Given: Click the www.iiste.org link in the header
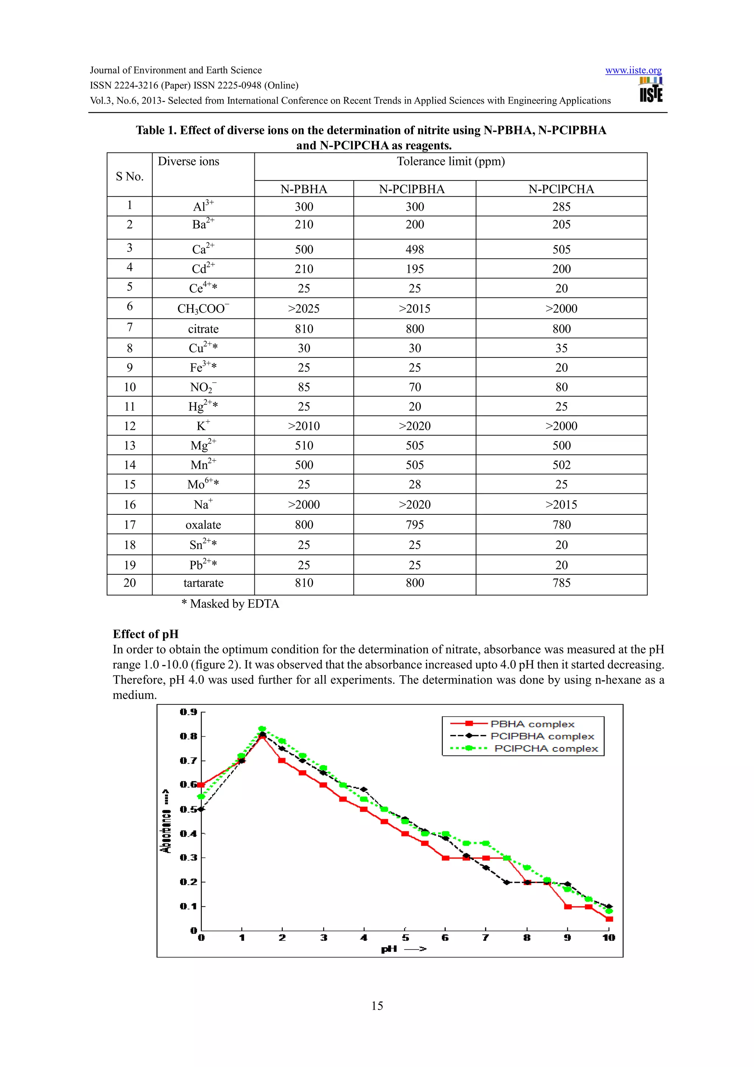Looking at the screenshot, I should (x=633, y=70).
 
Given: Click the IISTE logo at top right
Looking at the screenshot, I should (x=651, y=90).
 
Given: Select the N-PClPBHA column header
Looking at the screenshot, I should (x=412, y=189).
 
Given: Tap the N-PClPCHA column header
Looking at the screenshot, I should (x=561, y=189).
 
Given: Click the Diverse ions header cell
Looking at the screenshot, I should (x=188, y=161).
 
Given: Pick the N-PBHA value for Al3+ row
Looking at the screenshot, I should (x=304, y=207).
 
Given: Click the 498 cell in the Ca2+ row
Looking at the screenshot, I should (x=415, y=250).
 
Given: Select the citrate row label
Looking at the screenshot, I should (x=203, y=329).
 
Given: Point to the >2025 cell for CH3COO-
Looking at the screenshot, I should (x=304, y=309).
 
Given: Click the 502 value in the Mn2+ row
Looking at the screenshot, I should (x=561, y=465).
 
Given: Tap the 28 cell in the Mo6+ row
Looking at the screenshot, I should (x=415, y=485).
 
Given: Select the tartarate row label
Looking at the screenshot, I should (x=203, y=583).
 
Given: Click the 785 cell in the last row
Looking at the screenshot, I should (x=561, y=583).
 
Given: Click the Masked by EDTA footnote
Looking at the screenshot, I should (x=230, y=604).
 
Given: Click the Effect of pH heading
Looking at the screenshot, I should (x=145, y=634).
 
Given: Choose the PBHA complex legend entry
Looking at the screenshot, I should (x=532, y=724).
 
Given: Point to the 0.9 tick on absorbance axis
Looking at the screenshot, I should (x=188, y=712).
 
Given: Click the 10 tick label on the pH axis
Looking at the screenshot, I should (x=608, y=938).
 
